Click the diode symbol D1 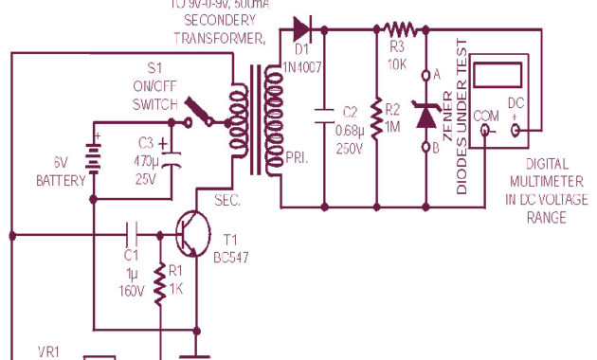301,28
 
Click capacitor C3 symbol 170,156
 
